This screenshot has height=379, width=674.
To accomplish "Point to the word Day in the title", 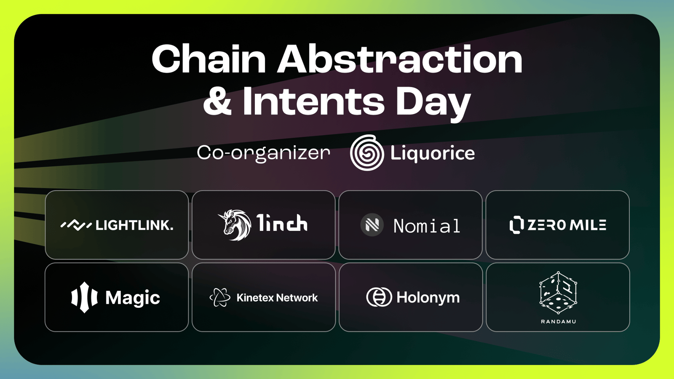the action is coord(433,104).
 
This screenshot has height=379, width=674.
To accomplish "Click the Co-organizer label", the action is coord(263,153).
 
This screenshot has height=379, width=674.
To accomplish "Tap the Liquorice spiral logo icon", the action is coord(366,152).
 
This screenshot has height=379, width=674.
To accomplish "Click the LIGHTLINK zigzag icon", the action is coord(76,225).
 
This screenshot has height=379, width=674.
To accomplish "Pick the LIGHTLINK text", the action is coord(134,225).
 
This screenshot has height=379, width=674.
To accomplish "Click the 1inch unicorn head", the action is coord(235,225).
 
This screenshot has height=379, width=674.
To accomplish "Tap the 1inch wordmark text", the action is coord(282,223).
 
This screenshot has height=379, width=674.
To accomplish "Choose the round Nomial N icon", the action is coord(372,225).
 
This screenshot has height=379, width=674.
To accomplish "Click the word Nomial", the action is coord(427,226).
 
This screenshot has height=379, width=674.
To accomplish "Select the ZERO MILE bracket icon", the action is coord(516,225).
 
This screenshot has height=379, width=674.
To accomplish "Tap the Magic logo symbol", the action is coord(84,297).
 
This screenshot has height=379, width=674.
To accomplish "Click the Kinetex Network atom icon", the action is coord(220,297).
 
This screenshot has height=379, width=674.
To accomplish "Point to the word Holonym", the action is coord(428,298).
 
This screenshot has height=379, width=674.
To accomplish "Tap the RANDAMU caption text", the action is coord(559,322).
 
